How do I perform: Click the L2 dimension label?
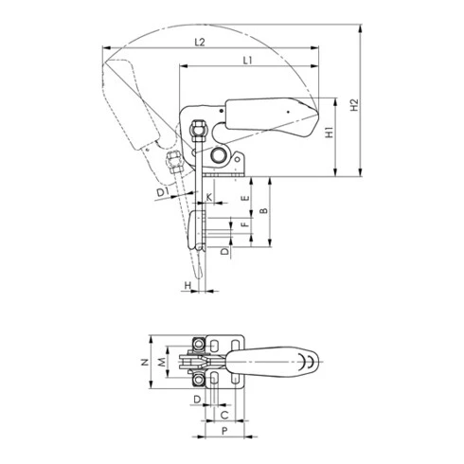point(200,42)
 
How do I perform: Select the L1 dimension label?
point(248,61)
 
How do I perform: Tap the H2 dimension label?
point(355,105)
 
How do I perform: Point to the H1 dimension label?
point(330,133)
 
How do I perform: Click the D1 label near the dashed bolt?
point(163,191)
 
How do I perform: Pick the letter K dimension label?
point(209,197)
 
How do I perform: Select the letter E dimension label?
point(245,199)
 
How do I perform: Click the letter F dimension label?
point(244,224)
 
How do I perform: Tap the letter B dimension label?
point(264,211)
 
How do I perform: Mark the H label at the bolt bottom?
point(187,285)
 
